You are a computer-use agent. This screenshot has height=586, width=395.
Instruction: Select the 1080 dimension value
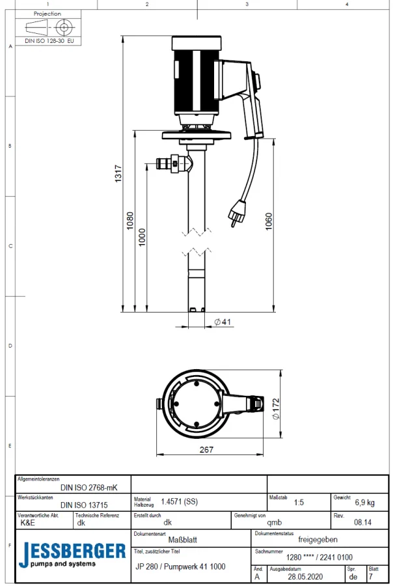(x=130, y=221)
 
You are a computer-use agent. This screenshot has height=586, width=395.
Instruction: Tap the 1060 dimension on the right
(x=269, y=222)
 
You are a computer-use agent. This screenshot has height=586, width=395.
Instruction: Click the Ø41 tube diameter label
(x=223, y=322)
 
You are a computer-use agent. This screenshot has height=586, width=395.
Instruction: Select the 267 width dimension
(x=206, y=449)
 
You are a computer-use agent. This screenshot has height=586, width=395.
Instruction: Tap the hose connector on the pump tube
(x=172, y=163)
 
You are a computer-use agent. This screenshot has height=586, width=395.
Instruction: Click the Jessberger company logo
(x=72, y=554)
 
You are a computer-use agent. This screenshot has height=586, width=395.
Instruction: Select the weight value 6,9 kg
(x=364, y=503)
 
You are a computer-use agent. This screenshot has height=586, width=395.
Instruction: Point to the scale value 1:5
(x=299, y=503)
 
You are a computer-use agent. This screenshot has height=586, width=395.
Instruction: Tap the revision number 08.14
(x=363, y=522)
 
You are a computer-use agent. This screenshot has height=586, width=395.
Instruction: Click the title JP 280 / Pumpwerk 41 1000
(x=180, y=566)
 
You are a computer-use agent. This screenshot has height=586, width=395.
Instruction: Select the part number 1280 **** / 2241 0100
(x=320, y=557)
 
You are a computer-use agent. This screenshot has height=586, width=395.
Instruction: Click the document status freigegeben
(x=318, y=539)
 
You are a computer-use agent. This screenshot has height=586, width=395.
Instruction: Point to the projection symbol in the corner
(x=48, y=27)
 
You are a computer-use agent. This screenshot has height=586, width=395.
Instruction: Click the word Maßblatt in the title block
(x=183, y=539)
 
